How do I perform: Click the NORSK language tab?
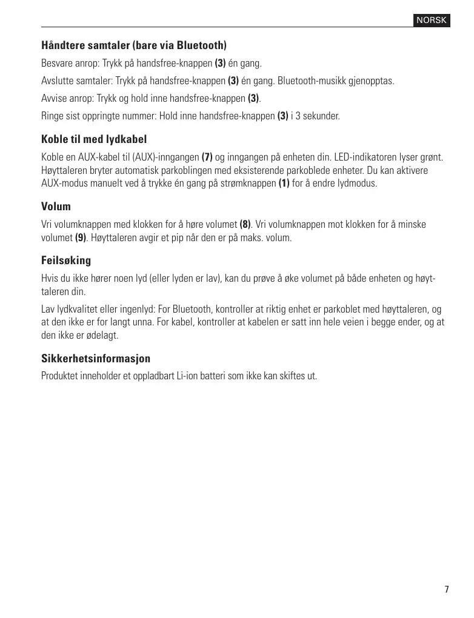432,21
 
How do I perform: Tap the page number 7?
447,590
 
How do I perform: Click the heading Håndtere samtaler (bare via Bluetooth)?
134,45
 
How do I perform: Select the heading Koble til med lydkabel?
94,139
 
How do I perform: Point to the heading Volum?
56,207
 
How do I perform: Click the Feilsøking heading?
66,261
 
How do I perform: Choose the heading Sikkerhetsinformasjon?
96,359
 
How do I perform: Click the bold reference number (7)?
207,158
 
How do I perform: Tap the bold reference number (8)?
245,225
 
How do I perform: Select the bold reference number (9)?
81,238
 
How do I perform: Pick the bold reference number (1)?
284,183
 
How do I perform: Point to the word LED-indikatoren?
358,158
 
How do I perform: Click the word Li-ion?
189,376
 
